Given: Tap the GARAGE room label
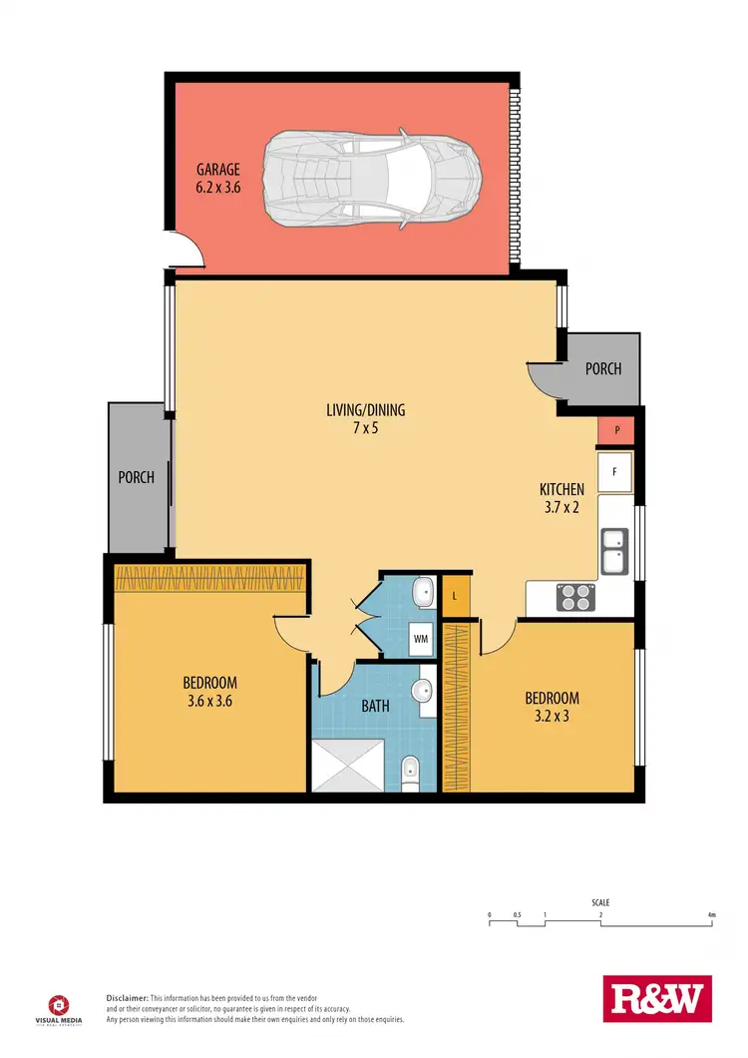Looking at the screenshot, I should [x=218, y=171].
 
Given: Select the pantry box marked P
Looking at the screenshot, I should [x=617, y=430].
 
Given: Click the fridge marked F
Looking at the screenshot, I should [x=615, y=472].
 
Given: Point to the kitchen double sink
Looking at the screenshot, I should [x=613, y=551].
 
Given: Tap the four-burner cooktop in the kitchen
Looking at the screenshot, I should [x=575, y=596].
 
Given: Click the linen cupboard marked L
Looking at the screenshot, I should [x=455, y=596].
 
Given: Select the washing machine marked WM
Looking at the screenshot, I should [x=421, y=639].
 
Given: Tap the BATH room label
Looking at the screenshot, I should [x=375, y=707].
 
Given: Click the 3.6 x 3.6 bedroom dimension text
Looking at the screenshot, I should [x=210, y=701].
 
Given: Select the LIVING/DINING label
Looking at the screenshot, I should [x=365, y=409].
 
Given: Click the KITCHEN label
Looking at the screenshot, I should [x=561, y=489].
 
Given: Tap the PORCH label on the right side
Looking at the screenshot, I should [x=602, y=369].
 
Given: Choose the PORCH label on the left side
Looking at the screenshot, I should [x=137, y=477].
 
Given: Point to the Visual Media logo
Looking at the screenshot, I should [x=61, y=1008].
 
